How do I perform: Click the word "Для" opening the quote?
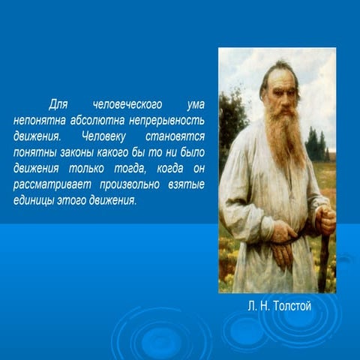point(58,105)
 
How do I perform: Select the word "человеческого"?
point(123,105)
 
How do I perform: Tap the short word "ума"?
point(193,105)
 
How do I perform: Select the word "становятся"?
point(177,137)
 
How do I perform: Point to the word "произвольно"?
point(127,184)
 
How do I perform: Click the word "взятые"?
point(184,184)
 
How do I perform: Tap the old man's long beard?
point(283,142)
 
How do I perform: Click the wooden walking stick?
point(324,259)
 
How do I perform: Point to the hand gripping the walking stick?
point(325,220)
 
